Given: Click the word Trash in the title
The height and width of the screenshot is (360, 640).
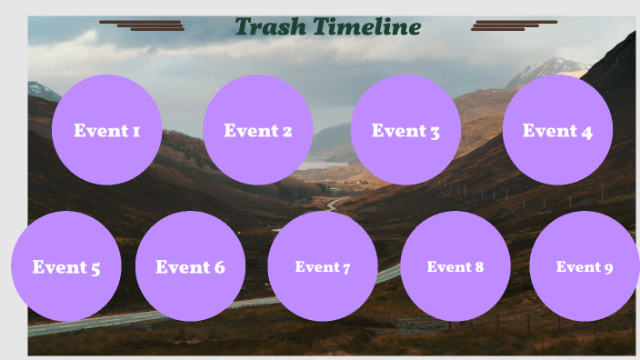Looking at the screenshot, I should point(270,27).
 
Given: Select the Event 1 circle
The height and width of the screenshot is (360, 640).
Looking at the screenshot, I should point(106,130).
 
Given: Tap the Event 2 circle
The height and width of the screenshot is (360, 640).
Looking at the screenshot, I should point(258,130).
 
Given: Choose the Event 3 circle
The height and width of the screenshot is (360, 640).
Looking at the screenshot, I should point(405,130).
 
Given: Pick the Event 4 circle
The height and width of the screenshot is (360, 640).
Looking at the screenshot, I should point(557,130).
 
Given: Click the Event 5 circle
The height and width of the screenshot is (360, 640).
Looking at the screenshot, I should point(66,266).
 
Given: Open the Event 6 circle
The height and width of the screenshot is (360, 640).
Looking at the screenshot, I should point(190,266).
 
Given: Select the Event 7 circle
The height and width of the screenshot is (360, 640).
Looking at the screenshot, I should point(323,266).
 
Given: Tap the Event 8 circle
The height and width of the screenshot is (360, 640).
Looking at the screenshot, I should point(455,266).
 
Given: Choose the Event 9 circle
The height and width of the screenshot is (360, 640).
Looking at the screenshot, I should point(585,266).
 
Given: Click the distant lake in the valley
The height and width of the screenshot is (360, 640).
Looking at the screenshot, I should point(321,165).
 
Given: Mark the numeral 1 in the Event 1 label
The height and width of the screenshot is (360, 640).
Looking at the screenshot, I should point(135,131).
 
